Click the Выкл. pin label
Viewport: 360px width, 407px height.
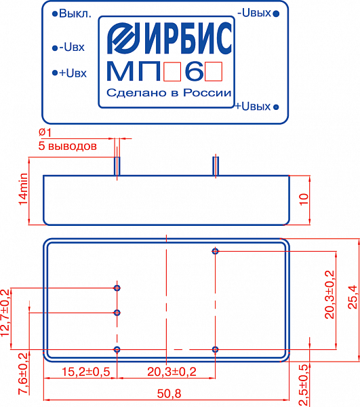point(75,14)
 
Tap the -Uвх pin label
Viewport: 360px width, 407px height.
point(72,47)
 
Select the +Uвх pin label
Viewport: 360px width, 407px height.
point(73,73)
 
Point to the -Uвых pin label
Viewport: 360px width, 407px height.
point(254,13)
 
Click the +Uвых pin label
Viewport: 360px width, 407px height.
point(253,106)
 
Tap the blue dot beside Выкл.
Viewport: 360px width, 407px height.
point(54,14)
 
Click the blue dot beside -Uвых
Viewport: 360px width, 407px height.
point(277,14)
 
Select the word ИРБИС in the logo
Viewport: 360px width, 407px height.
point(186,38)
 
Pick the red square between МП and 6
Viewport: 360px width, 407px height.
point(172,72)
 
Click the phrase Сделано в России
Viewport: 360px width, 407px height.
point(169,93)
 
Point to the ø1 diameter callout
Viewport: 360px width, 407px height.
point(45,132)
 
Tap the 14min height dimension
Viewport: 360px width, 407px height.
point(23,189)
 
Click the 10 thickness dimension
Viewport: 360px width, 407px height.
point(304,199)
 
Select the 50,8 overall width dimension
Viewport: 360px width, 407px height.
point(169,393)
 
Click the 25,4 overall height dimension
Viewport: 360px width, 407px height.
point(353,297)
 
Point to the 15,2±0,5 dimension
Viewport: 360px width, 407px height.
point(86,372)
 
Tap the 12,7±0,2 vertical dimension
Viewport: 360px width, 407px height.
point(5,313)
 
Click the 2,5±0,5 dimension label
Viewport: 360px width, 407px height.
point(304,385)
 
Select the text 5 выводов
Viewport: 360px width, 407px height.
point(67,146)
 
